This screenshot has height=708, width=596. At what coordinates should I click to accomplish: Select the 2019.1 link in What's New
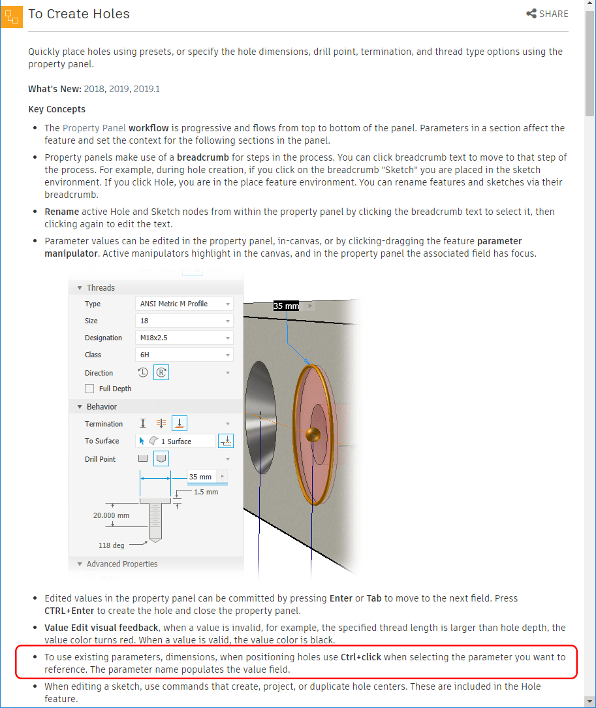coord(146,89)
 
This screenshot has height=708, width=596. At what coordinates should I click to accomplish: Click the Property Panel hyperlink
coord(94,128)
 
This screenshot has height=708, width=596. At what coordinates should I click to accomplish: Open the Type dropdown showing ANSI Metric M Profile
coord(184,304)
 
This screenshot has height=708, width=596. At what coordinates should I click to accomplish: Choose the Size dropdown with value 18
coord(184,321)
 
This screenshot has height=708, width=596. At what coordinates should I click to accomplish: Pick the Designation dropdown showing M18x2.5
coord(184,338)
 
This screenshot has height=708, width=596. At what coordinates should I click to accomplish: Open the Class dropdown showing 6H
coord(184,355)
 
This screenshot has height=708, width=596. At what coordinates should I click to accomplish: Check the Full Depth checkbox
coord(89,389)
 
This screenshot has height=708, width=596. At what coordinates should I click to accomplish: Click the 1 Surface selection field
coord(176,441)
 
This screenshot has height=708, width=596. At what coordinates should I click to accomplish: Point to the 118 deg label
coord(112,545)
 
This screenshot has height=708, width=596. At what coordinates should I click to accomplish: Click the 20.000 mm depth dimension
coord(112,515)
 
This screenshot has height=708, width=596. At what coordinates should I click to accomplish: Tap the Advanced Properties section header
coord(121,564)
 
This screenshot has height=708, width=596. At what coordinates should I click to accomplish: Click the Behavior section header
coord(101,406)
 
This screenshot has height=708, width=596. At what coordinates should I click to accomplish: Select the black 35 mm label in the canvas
coord(286,306)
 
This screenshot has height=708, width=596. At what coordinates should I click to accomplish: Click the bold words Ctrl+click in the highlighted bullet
coord(361,657)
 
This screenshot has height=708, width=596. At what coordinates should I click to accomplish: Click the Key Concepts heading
coord(57,109)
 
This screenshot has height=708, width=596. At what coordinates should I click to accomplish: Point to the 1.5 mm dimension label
coord(206,492)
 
